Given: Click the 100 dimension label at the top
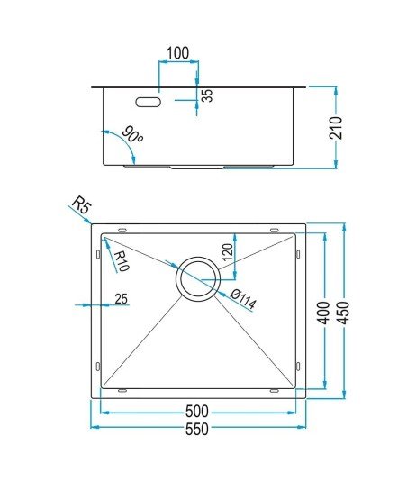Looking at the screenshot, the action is click(x=178, y=53).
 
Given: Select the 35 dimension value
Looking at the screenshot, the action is click(x=208, y=95).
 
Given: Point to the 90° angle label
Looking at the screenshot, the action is click(x=132, y=134).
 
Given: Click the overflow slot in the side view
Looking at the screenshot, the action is click(x=149, y=102).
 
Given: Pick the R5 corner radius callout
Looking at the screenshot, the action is click(x=82, y=204).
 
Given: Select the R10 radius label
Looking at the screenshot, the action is click(x=121, y=261).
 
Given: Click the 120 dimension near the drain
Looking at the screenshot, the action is click(x=228, y=252).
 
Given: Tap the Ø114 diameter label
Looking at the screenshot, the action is click(x=243, y=299).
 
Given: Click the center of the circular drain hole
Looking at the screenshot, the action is click(x=198, y=279).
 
